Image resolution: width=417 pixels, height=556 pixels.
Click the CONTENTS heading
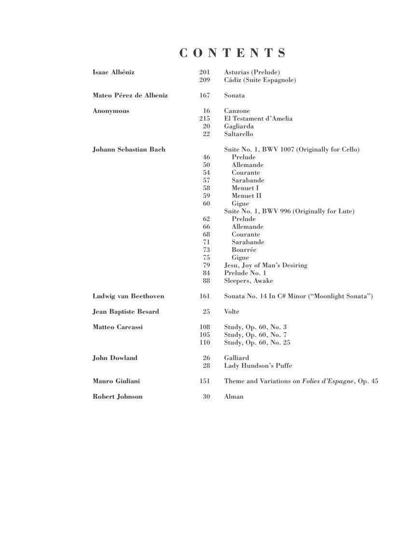click(x=233, y=53)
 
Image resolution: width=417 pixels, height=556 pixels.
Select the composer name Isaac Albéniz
click(x=113, y=72)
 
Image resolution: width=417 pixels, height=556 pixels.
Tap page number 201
click(x=205, y=72)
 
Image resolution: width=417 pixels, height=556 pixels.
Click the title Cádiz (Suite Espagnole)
click(x=260, y=80)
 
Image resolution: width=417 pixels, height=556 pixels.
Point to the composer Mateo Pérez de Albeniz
click(x=130, y=96)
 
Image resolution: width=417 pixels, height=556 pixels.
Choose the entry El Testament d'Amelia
click(x=258, y=119)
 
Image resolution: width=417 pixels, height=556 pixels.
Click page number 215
click(x=205, y=119)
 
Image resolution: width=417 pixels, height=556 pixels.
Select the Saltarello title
click(x=238, y=134)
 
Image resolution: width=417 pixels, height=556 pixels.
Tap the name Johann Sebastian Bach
click(x=129, y=150)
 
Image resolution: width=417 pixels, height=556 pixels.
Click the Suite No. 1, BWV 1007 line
click(x=292, y=150)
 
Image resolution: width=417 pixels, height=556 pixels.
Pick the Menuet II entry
click(x=246, y=196)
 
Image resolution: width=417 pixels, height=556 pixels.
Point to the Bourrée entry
click(x=244, y=250)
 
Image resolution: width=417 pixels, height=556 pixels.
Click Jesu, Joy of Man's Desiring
click(x=265, y=265)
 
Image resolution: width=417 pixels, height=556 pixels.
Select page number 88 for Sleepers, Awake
click(x=207, y=281)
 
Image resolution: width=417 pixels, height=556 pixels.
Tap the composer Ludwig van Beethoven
click(x=128, y=296)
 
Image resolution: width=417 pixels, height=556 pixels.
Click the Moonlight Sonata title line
click(x=298, y=296)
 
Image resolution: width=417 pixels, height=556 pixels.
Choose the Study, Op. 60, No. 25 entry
click(x=257, y=343)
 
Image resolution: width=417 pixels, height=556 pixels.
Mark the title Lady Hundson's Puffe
click(x=258, y=366)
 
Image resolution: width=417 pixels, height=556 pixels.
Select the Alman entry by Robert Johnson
click(x=234, y=397)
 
